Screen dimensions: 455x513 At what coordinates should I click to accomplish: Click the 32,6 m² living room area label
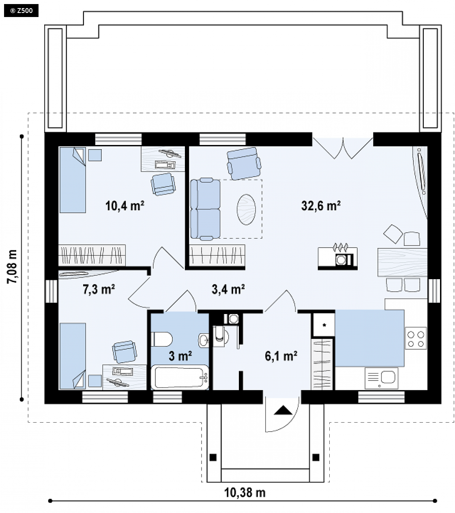[321, 205]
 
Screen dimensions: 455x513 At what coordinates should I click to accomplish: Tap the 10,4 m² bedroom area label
[125, 205]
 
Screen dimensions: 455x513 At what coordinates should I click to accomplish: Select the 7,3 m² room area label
[99, 289]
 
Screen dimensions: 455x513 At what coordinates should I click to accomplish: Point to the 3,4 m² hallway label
[228, 289]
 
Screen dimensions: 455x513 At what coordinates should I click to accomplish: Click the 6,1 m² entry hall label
[281, 356]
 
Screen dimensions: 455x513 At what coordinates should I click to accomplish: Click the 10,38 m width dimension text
[245, 492]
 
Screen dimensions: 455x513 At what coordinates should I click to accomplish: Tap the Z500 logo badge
[21, 11]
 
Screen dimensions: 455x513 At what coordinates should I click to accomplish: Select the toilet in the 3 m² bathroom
[162, 339]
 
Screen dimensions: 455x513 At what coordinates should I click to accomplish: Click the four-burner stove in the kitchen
[416, 338]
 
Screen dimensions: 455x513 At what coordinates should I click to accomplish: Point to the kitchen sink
[382, 378]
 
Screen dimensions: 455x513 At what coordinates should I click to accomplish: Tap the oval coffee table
[246, 209]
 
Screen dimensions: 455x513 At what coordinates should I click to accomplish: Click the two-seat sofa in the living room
[205, 209]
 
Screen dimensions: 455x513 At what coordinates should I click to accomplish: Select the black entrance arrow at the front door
[283, 410]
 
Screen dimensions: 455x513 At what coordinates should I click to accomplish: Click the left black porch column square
[213, 457]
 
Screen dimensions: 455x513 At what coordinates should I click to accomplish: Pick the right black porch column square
[316, 457]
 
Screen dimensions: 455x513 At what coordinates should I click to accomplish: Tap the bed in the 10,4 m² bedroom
[73, 180]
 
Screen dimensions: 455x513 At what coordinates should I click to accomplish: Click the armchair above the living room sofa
[244, 163]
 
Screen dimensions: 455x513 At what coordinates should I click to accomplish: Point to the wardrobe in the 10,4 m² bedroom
[92, 255]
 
